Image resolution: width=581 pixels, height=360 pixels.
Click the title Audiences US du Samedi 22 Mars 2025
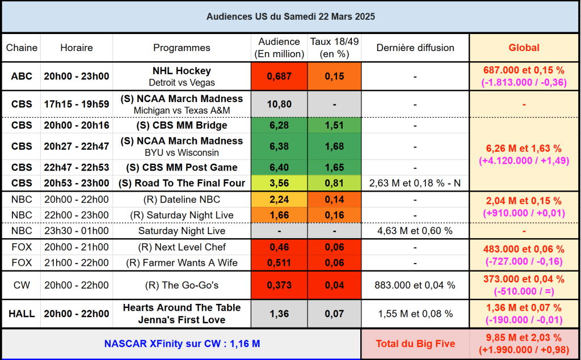click(290, 16)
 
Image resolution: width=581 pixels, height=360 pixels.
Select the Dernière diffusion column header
click(415, 48)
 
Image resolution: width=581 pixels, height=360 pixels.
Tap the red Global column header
click(524, 48)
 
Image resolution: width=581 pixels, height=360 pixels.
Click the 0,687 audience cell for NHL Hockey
click(279, 77)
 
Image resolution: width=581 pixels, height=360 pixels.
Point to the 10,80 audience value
click(279, 104)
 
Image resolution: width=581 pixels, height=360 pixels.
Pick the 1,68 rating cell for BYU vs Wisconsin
click(334, 146)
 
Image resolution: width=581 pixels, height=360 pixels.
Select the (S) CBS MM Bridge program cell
click(182, 125)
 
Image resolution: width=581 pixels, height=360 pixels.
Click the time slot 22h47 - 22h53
click(77, 168)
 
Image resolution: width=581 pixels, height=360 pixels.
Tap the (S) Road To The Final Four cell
click(182, 183)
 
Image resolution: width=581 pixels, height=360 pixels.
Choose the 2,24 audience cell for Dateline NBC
click(279, 200)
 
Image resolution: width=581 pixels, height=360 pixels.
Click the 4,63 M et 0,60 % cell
click(415, 231)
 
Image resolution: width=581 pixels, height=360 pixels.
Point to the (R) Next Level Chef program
click(182, 247)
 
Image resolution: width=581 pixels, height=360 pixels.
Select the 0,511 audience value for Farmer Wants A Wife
click(279, 262)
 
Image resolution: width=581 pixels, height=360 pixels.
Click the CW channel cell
click(22, 285)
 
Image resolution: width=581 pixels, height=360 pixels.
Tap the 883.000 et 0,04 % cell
click(415, 285)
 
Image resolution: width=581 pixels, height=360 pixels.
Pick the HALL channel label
click(22, 314)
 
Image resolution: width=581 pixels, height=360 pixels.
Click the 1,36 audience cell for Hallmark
click(279, 314)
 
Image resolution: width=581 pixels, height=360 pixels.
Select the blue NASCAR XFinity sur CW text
click(182, 344)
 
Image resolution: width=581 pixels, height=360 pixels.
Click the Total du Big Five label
click(415, 344)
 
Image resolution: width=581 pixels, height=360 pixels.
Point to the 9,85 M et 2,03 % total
click(524, 338)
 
